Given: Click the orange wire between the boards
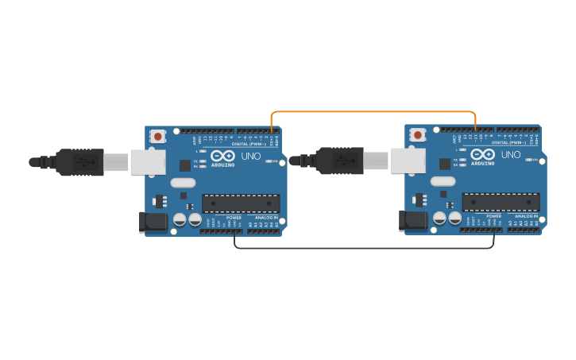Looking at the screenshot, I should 373,112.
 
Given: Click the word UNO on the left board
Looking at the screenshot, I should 250,156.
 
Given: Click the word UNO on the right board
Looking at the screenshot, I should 511,155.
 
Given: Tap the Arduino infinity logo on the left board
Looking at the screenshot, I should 222,156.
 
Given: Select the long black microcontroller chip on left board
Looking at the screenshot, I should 241,203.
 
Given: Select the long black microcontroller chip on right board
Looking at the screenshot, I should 501,202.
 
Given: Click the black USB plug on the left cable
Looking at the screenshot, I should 79,162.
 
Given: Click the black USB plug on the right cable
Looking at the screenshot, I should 340,161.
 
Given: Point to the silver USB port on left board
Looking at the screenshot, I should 148,162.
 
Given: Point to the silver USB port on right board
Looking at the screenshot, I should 408,161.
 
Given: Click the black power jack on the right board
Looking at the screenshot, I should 413,221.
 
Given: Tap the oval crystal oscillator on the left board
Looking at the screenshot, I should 183,182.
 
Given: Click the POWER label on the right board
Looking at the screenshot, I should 493,216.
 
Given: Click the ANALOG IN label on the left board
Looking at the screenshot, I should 266,217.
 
